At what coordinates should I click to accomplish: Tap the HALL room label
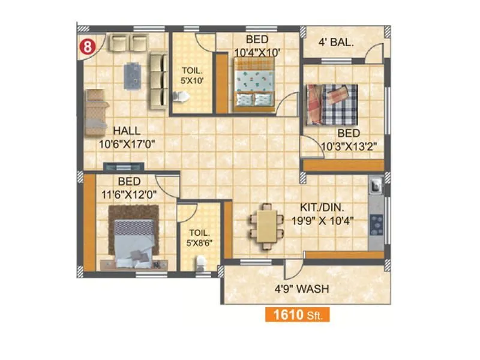click(126, 131)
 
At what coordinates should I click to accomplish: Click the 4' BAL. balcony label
click(335, 43)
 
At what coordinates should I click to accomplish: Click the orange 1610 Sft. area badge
click(296, 315)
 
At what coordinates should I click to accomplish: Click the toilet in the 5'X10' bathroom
click(178, 96)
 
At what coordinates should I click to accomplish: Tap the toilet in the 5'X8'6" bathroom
click(200, 262)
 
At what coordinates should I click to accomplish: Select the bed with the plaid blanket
click(332, 104)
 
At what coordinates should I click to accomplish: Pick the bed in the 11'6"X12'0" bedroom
click(133, 238)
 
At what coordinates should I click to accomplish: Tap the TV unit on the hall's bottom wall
click(124, 165)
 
